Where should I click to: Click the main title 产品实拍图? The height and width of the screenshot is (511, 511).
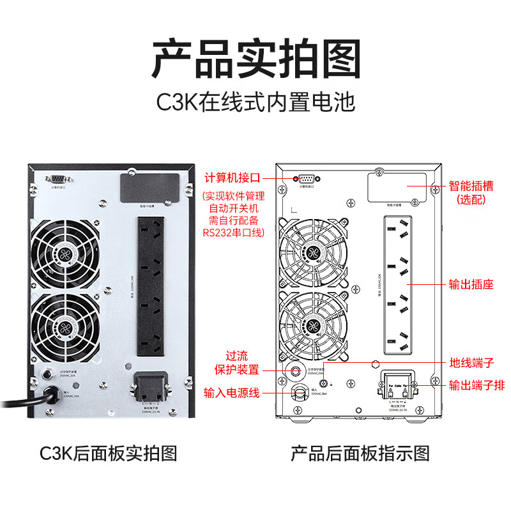(x=256, y=58)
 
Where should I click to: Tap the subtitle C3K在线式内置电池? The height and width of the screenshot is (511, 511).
(x=256, y=102)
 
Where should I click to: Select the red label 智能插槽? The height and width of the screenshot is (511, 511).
(x=471, y=186)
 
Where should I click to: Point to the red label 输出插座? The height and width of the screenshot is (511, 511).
(x=471, y=284)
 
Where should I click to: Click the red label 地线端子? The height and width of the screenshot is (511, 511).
(x=471, y=363)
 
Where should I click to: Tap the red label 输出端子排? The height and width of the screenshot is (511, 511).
(x=476, y=385)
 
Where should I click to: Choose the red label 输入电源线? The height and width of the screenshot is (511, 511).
(x=231, y=392)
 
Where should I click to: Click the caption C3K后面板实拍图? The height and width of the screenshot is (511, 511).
(x=108, y=454)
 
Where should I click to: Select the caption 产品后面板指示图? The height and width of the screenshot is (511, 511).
(x=360, y=454)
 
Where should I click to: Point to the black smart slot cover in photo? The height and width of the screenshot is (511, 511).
(x=149, y=188)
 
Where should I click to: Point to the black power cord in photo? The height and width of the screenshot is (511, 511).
(x=26, y=402)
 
